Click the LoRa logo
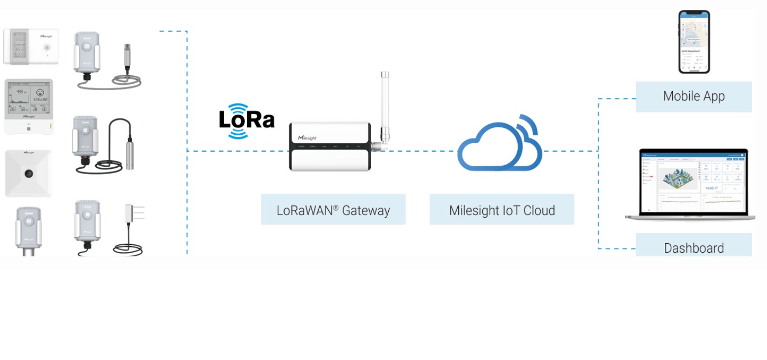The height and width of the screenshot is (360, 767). coord(246,121)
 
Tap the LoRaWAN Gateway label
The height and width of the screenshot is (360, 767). coord(333,211)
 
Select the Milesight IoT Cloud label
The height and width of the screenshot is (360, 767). coord(502,211)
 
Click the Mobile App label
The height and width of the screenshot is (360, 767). coord(693,96)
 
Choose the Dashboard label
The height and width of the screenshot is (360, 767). coord(693,247)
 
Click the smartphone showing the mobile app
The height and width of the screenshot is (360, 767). coord(694,42)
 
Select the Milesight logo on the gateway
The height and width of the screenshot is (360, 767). coord(307,137)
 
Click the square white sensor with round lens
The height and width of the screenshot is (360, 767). coord(28,173)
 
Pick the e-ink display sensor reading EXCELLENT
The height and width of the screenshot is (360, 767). coord(28,105)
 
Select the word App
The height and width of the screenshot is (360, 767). coord(713,96)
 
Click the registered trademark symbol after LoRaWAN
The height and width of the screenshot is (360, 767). coord(335,207)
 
